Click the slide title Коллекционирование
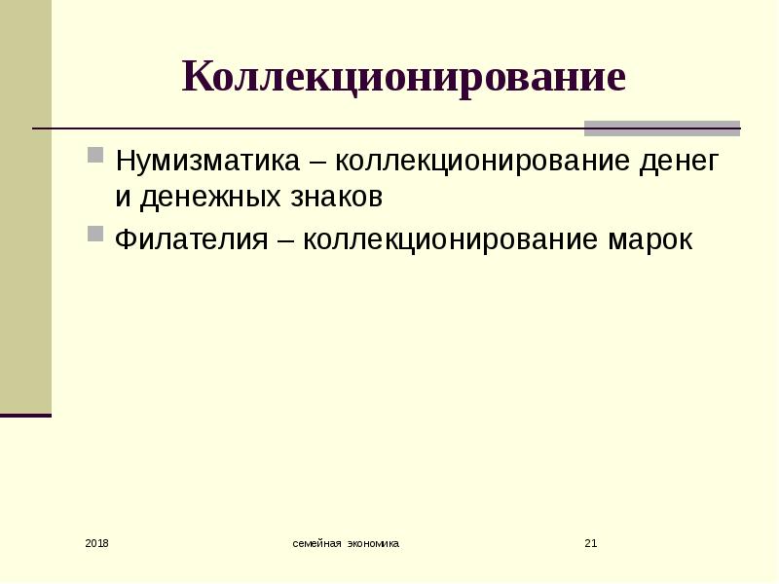403,78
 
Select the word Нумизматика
207,161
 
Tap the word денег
679,162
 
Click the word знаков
336,198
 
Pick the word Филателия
191,239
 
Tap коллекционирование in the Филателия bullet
450,240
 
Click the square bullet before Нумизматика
95,155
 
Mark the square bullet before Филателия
95,234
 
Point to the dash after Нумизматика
317,163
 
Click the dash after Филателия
285,241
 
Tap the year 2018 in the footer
96,543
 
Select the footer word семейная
317,543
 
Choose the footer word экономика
373,543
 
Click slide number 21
591,543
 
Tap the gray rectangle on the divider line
662,128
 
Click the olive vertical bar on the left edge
25,206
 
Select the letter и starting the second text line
124,198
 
